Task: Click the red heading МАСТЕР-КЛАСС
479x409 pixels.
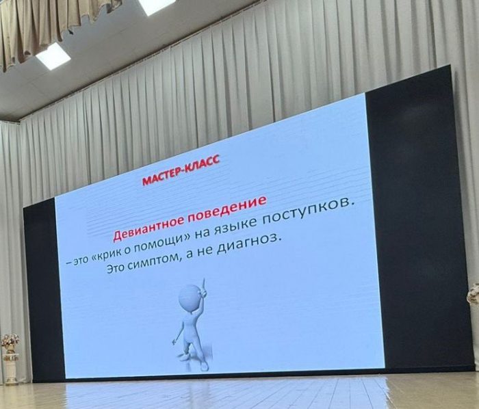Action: (x=181, y=170)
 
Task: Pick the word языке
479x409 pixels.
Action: (x=235, y=224)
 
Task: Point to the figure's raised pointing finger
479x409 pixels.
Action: (x=204, y=285)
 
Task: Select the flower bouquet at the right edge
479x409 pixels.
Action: (x=474, y=293)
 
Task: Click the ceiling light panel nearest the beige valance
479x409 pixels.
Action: (x=53, y=56)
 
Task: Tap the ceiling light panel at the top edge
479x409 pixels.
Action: (x=156, y=6)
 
